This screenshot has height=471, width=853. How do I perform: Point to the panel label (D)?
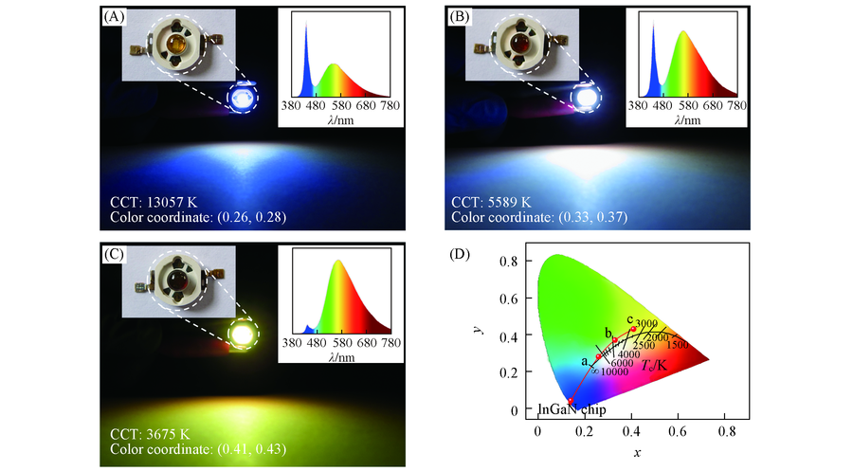(457, 253)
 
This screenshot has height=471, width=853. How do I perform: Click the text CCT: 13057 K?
(153, 202)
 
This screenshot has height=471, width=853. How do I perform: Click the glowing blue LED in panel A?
(244, 98)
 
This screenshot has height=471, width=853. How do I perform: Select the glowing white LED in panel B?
(585, 97)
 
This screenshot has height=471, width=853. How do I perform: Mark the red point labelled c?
(633, 329)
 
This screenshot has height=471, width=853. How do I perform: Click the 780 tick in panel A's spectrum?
(390, 107)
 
